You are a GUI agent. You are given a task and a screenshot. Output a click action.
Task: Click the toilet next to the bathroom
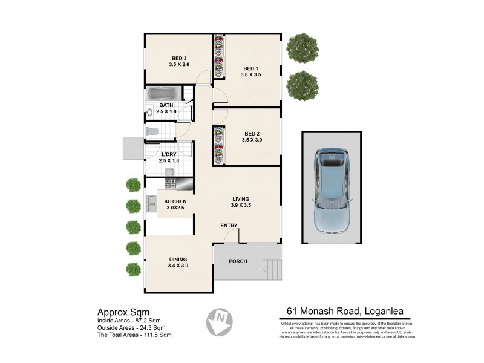click(x=151, y=131)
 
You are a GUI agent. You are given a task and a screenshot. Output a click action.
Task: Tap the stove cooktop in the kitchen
click(x=171, y=183)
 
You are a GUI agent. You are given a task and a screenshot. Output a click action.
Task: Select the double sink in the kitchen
click(x=150, y=204)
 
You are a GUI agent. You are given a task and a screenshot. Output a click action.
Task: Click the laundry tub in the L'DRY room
click(x=170, y=172)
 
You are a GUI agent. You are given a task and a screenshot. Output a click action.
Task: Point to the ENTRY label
click(x=229, y=226)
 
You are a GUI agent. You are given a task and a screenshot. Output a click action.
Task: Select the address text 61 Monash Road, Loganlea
click(x=345, y=313)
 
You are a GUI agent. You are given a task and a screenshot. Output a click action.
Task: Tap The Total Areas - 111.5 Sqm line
click(x=134, y=335)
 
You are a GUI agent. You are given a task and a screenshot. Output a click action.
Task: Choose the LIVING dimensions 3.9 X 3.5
click(x=241, y=206)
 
